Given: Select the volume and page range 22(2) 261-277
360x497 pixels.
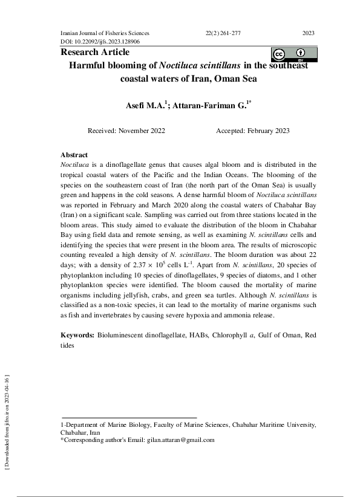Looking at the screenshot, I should [223, 33].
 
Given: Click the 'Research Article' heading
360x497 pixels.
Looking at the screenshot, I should [95, 53].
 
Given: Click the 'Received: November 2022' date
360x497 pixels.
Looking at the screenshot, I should [126, 131].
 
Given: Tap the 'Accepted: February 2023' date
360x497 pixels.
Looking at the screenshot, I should [252, 131].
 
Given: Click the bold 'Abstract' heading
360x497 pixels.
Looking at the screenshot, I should [74, 155].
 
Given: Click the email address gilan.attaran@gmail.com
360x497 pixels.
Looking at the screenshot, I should [180, 440].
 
